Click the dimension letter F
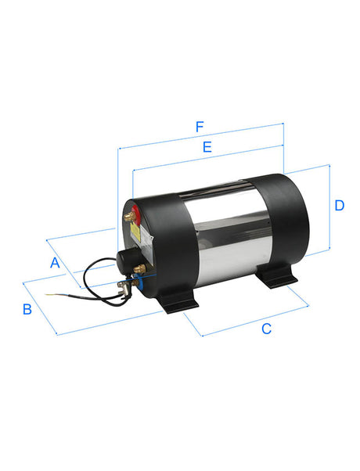pos(200,126)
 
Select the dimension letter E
pos(207,146)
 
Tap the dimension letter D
pos(339,206)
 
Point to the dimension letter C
pos(266,329)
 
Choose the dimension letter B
pos(27,309)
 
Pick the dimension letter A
pos(55,263)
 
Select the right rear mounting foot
pos(278,276)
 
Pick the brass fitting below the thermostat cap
pos(140,268)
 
